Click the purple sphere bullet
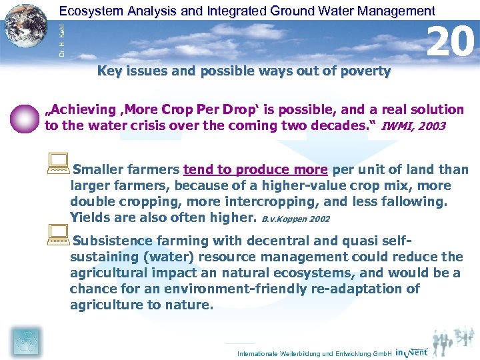tap(25, 119)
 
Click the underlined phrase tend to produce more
tap(255, 170)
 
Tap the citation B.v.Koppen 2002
tap(295, 218)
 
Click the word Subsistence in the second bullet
tap(111, 241)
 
